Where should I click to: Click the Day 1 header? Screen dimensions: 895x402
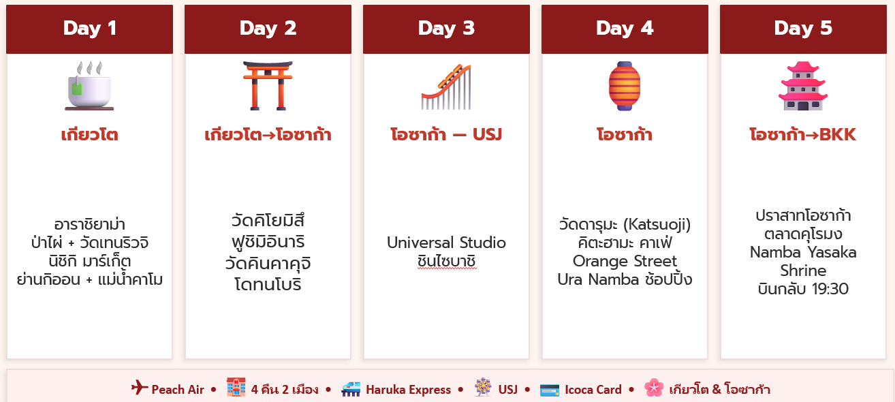click(89, 29)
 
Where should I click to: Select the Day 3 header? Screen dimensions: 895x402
click(446, 29)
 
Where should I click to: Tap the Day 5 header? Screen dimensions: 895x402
click(803, 29)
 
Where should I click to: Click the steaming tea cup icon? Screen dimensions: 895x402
click(89, 86)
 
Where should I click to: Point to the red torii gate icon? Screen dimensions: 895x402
click(268, 86)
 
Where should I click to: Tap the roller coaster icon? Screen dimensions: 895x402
click(446, 87)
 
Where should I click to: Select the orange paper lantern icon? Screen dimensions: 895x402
click(625, 86)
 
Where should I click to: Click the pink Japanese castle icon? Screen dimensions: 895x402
click(803, 86)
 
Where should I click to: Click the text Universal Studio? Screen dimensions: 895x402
click(446, 243)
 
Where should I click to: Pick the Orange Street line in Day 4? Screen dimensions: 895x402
click(625, 261)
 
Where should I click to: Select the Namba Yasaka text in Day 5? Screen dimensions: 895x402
click(803, 252)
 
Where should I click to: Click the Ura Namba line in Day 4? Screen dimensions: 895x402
click(625, 279)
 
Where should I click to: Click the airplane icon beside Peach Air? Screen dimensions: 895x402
click(140, 387)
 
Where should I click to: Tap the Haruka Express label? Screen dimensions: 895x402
click(409, 389)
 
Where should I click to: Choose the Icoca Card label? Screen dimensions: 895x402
click(593, 389)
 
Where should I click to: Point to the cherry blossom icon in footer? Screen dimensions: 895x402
click(654, 387)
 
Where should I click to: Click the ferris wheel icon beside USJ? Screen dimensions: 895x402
click(483, 387)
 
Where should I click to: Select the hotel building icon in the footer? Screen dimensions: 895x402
click(236, 387)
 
